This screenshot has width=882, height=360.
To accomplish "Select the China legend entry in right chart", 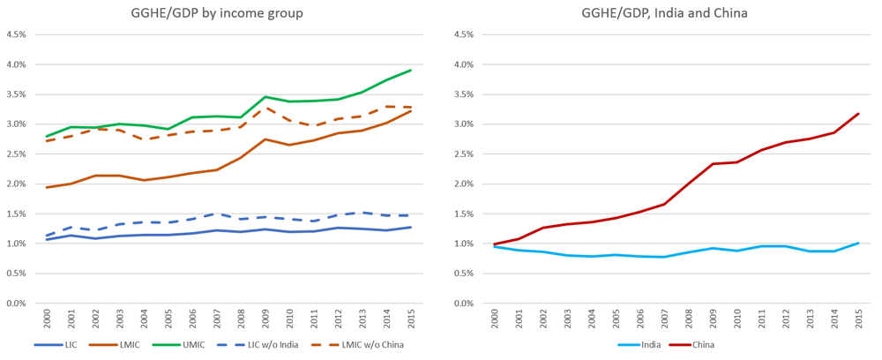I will tap(702, 344).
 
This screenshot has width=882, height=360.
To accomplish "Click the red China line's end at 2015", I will tap(859, 113).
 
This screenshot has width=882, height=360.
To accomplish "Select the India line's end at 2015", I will tap(859, 243).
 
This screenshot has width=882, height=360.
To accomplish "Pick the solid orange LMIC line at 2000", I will tap(47, 187).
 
